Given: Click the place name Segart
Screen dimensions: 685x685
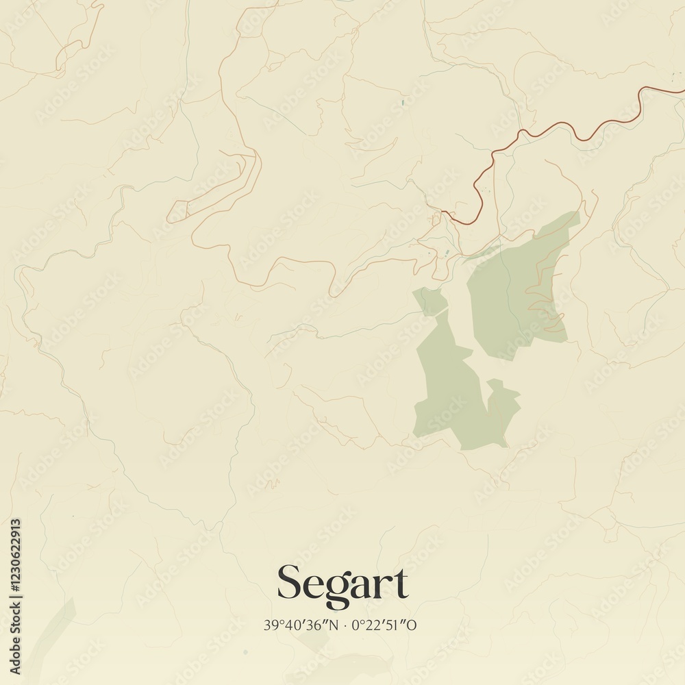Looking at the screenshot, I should (342, 584).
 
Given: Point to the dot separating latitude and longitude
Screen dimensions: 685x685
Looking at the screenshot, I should (347, 625).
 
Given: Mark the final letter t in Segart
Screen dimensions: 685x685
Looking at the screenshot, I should (400, 584).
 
